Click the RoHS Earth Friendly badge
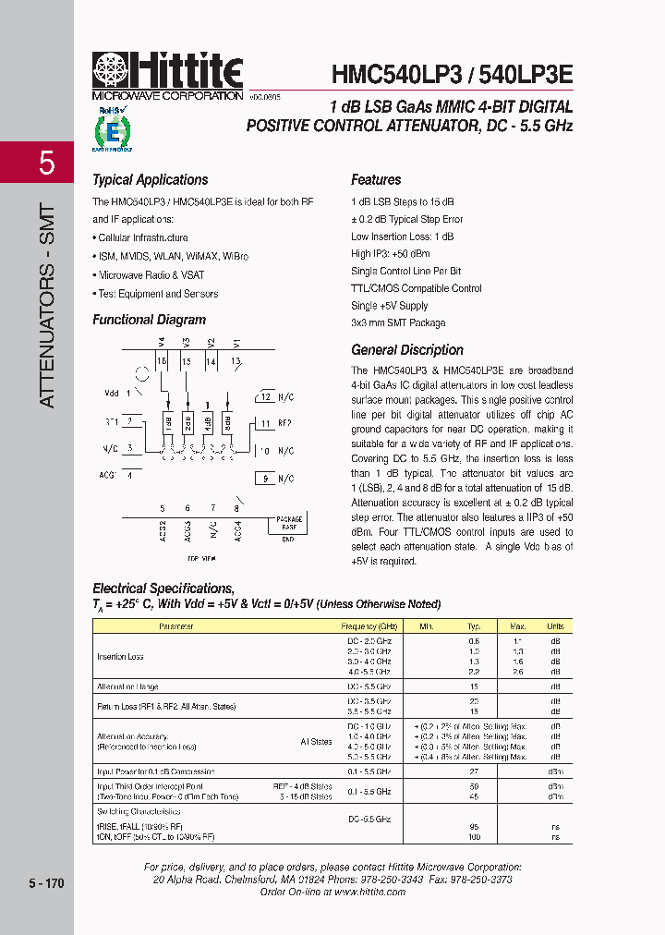(x=112, y=128)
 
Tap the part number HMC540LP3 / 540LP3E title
(x=452, y=75)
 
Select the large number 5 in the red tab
(x=46, y=164)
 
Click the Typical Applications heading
(x=150, y=180)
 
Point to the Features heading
(x=376, y=180)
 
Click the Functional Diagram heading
(x=149, y=320)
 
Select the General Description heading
(x=406, y=350)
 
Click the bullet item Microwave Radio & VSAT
(x=151, y=275)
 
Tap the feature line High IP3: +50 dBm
(x=390, y=253)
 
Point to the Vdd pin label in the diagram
(x=112, y=393)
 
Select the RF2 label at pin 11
(x=284, y=423)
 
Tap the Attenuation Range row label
(x=127, y=686)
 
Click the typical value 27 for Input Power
(x=474, y=771)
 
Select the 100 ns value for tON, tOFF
(x=474, y=836)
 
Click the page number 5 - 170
(x=46, y=884)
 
